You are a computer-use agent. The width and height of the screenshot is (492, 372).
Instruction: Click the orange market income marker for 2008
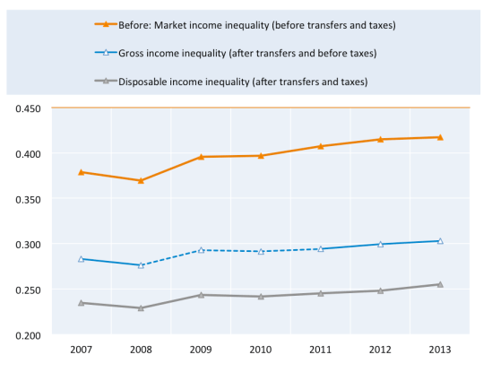141,180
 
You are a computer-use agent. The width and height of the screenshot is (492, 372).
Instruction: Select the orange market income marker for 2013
440,137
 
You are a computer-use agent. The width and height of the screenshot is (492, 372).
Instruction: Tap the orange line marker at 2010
261,155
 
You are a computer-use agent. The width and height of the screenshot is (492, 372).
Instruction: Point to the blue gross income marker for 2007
81,258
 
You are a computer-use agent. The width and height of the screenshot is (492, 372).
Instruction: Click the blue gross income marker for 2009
201,250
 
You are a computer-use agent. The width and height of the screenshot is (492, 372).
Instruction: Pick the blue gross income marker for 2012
380,244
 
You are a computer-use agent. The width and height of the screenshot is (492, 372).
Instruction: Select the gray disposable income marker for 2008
141,307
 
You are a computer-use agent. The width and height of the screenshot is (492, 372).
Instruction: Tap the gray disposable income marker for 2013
440,284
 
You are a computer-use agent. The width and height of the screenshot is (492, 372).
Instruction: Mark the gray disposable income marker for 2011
320,293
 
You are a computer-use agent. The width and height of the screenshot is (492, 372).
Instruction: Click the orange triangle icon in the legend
107,24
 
